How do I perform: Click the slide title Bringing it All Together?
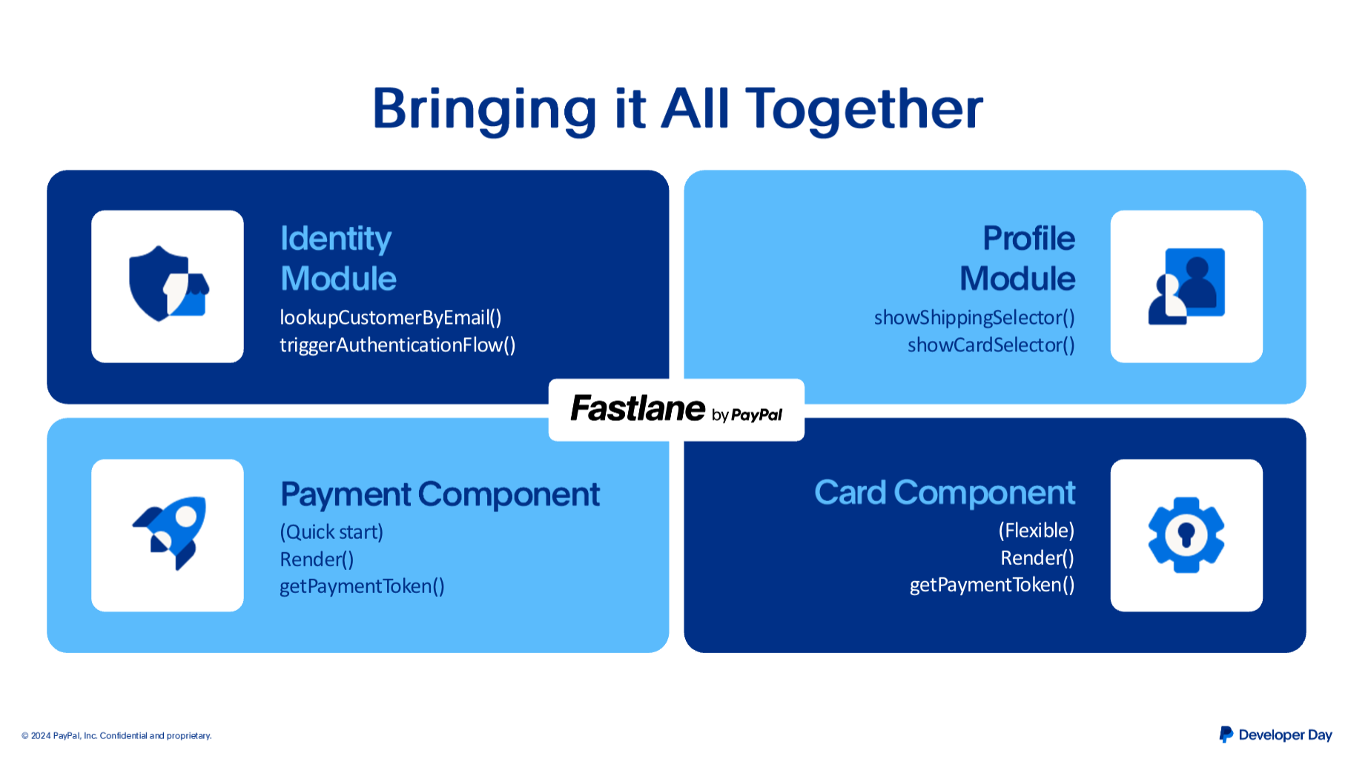coord(677,110)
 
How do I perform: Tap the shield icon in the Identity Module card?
coord(168,283)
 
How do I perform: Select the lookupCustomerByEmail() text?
coord(391,317)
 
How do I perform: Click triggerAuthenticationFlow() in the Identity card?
coord(397,345)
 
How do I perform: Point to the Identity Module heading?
coord(338,258)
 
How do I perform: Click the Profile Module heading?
coord(1017,258)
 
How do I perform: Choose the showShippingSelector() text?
coord(974,317)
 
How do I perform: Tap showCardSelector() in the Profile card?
coord(991,345)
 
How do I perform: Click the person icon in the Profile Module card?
coord(1186,286)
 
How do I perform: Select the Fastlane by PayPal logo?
coord(676,409)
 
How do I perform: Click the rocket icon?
coord(169,533)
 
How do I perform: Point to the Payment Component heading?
coord(440,494)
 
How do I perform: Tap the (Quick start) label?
coord(331,531)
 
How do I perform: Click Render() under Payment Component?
coord(317,559)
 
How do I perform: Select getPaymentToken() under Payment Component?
coord(362,586)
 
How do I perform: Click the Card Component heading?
coord(945,493)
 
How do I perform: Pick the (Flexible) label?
coord(1037,530)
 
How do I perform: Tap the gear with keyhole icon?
coord(1186,534)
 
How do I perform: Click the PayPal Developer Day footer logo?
coord(1275,735)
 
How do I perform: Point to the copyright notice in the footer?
coord(116,736)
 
